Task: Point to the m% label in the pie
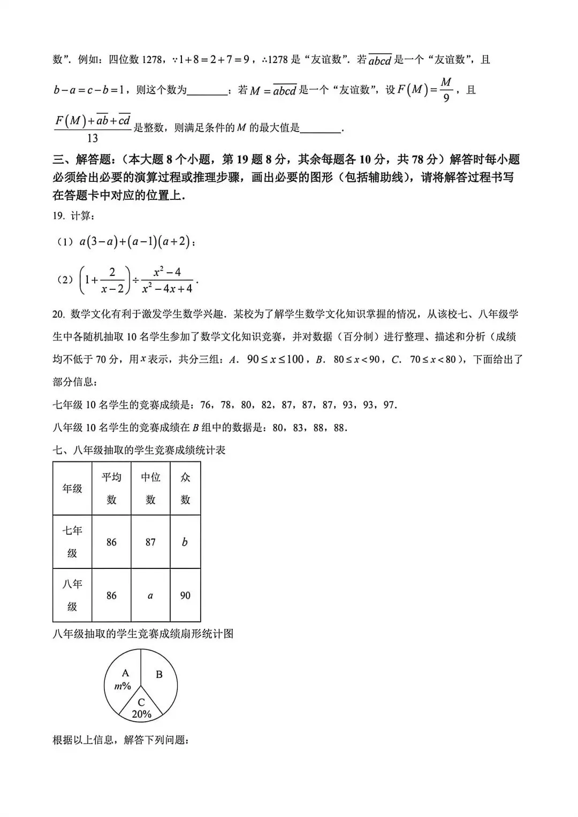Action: click(x=123, y=686)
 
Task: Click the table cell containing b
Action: click(x=185, y=542)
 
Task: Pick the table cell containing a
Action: click(x=150, y=596)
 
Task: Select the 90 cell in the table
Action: click(x=185, y=596)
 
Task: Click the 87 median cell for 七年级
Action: click(x=150, y=542)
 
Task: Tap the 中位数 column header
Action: click(x=150, y=488)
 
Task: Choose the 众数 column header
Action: click(x=185, y=488)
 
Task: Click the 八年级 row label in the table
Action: click(x=72, y=596)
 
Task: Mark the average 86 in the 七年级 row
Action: click(x=111, y=542)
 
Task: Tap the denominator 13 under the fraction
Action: click(x=92, y=138)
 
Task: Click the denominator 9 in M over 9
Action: click(x=446, y=99)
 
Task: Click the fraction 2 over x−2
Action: click(x=112, y=280)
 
